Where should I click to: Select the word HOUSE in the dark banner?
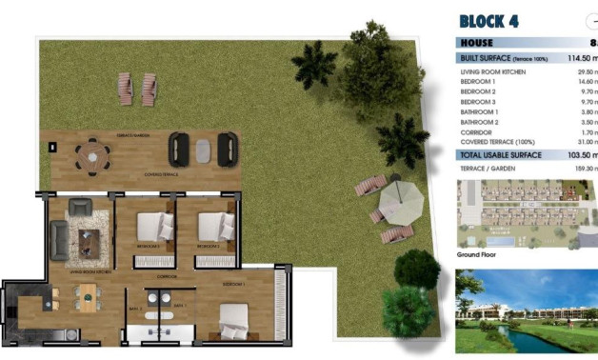point(480,43)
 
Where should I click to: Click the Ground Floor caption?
point(479,255)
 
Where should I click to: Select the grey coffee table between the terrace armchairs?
point(203,149)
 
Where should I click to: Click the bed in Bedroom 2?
point(152,227)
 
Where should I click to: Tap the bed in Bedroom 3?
point(215,227)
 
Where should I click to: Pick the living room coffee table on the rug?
point(90,243)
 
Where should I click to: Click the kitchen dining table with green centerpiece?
point(86,299)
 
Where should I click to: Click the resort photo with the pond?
point(527,310)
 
